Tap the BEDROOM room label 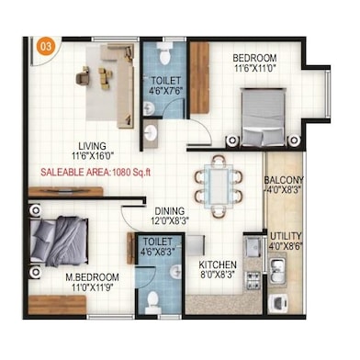pos(254,58)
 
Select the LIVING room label pos(92,146)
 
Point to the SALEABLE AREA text pos(74,172)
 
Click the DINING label pos(170,211)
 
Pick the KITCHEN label pos(218,264)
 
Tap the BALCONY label pos(284,179)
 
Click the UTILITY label pos(286,236)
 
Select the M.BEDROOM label pos(93,277)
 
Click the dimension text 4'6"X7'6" pos(165,91)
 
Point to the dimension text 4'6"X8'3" pos(158,252)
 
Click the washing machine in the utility pos(278,303)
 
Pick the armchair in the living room pos(83,75)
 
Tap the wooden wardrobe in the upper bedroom pos(199,78)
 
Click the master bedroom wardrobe pos(57,305)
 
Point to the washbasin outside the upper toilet pos(151,133)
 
